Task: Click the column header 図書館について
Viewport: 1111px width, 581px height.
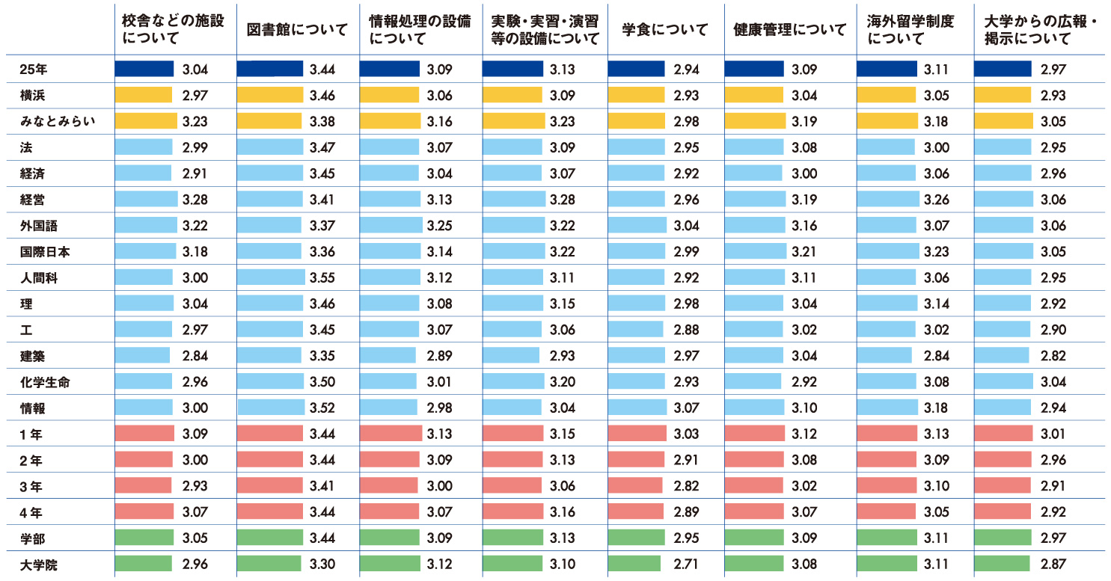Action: pyautogui.click(x=297, y=30)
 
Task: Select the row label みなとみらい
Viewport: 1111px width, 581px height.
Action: pyautogui.click(x=57, y=122)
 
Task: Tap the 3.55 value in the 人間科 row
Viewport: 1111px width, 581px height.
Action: pyautogui.click(x=323, y=278)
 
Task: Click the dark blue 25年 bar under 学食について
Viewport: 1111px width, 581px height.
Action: pyautogui.click(x=636, y=70)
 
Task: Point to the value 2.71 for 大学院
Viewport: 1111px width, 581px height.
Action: pyautogui.click(x=686, y=565)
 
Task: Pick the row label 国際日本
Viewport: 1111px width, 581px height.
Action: pyautogui.click(x=45, y=252)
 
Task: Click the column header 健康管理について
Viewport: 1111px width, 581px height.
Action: pyautogui.click(x=790, y=30)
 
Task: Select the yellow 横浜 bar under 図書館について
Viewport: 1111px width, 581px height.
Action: pyautogui.click(x=270, y=96)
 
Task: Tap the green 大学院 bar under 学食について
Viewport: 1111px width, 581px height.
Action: pyautogui.click(x=634, y=565)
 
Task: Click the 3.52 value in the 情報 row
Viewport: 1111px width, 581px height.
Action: pyautogui.click(x=323, y=408)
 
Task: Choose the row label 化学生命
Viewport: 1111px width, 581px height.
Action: pyautogui.click(x=45, y=383)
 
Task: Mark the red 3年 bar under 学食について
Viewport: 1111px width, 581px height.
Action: pyautogui.click(x=635, y=486)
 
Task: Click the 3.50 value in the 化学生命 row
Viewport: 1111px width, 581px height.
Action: pyautogui.click(x=323, y=383)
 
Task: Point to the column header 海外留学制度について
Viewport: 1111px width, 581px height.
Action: pyautogui.click(x=910, y=30)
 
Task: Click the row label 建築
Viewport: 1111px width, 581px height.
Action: pyautogui.click(x=34, y=357)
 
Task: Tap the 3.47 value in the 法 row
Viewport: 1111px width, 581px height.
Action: pyautogui.click(x=323, y=148)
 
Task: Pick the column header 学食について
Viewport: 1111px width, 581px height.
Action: pyautogui.click(x=665, y=30)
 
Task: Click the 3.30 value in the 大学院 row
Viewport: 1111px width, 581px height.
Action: pyautogui.click(x=323, y=565)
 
